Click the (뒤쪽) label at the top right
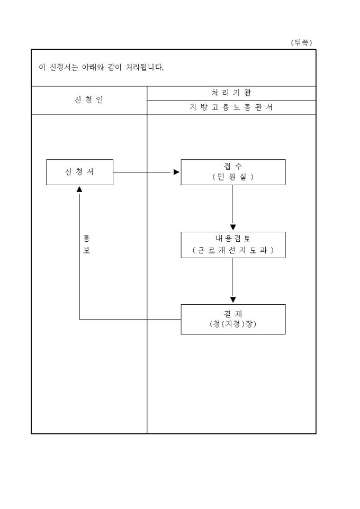302,42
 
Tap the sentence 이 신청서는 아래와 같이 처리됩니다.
101,68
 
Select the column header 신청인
89,101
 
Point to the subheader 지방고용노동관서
231,107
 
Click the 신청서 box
79,172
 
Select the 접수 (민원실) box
233,172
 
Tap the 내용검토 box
233,244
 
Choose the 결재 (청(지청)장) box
233,319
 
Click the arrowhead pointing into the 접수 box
176,172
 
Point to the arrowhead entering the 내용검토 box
233,228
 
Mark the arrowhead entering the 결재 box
233,300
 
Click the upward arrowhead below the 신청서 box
79,189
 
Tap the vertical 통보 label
86,244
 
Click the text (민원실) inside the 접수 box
233,177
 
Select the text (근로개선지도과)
233,250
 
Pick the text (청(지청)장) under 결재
233,324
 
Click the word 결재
233,314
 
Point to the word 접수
233,167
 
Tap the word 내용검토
233,239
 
